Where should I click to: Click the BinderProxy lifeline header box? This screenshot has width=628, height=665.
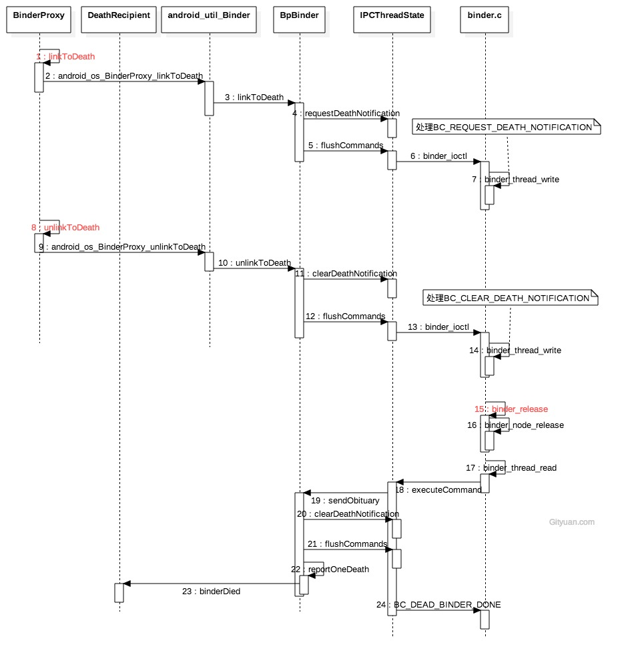tap(39, 15)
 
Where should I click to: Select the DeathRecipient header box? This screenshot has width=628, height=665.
tap(119, 15)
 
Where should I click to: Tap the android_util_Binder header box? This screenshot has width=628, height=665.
tap(209, 15)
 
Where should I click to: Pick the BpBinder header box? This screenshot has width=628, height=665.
tap(299, 15)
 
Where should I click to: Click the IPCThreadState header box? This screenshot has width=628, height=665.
tap(392, 15)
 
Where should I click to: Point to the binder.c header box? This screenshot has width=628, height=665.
tap(485, 15)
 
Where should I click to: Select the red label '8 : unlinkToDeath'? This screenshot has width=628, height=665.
tap(65, 228)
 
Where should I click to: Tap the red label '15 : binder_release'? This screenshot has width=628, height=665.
tap(511, 409)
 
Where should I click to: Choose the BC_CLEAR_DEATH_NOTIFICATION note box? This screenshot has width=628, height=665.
tap(510, 298)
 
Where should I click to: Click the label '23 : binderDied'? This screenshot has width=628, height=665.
tap(211, 592)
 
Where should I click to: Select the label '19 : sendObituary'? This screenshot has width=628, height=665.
tap(345, 501)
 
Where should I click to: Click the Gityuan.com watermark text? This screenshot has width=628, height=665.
tap(571, 522)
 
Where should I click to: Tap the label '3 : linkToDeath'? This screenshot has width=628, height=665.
tap(254, 97)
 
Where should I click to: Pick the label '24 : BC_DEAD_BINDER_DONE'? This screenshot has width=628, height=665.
tap(438, 605)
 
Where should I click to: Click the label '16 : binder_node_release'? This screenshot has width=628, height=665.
tap(515, 425)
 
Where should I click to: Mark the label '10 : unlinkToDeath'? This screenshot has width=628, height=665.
tap(254, 263)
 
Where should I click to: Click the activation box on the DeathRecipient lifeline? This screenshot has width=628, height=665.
tap(119, 592)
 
